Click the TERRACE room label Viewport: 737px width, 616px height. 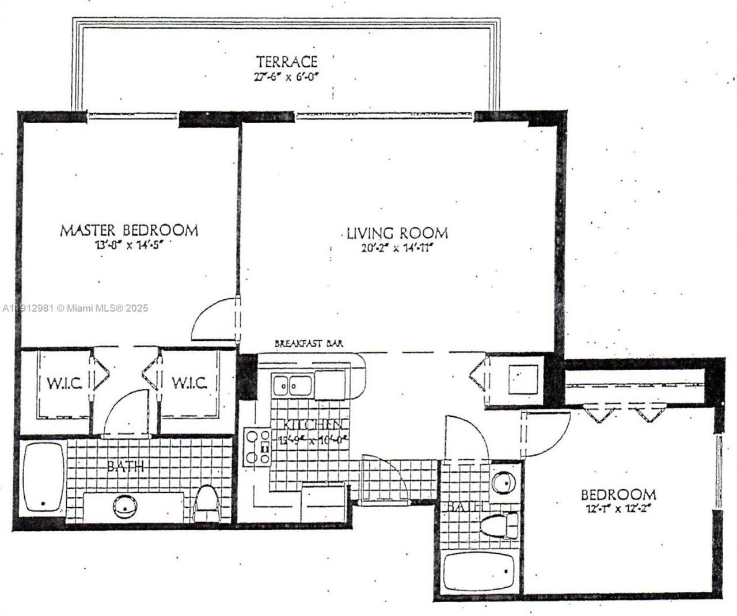pos(287,61)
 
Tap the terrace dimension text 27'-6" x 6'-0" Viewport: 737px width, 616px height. pos(287,77)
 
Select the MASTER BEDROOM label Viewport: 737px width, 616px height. pos(129,231)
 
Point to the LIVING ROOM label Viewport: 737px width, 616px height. pos(397,234)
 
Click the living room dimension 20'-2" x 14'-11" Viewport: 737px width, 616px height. pos(397,248)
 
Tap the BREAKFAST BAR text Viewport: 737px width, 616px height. pos(309,343)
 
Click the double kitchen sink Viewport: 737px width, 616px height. pos(292,384)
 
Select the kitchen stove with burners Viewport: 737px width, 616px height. pos(257,447)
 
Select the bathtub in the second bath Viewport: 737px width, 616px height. pos(478,571)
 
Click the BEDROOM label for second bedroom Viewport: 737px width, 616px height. pos(618,495)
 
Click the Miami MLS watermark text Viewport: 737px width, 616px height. pos(75,309)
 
